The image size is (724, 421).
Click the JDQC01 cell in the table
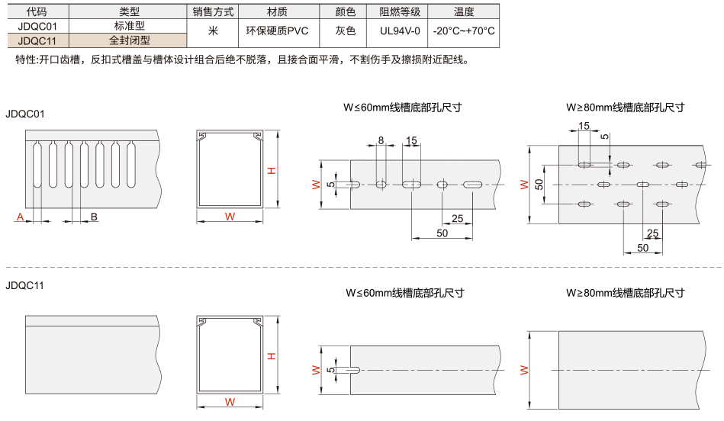[37, 26]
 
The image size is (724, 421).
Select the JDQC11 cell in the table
[37, 40]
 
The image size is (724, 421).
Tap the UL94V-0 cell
[400, 31]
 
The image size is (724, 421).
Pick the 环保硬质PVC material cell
[277, 31]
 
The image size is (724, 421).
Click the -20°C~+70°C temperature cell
[464, 31]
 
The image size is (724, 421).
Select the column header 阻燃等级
[400, 11]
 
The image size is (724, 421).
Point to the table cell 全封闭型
[129, 40]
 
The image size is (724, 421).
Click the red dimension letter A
[20, 217]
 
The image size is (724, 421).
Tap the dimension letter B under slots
[94, 217]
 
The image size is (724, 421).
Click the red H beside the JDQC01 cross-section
[272, 170]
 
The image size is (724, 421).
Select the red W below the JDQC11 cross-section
[230, 402]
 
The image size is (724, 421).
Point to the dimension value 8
[381, 140]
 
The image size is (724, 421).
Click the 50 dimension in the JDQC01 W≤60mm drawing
[442, 233]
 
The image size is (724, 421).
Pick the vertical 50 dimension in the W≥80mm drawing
[539, 185]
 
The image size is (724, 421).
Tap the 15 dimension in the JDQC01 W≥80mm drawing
[584, 126]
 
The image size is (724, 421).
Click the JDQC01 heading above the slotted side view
[25, 114]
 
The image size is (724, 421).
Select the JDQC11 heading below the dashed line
[25, 285]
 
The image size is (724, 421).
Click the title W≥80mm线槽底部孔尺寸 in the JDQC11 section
[625, 293]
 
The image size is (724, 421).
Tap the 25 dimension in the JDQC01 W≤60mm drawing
[458, 218]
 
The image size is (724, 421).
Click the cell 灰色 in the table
[346, 31]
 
